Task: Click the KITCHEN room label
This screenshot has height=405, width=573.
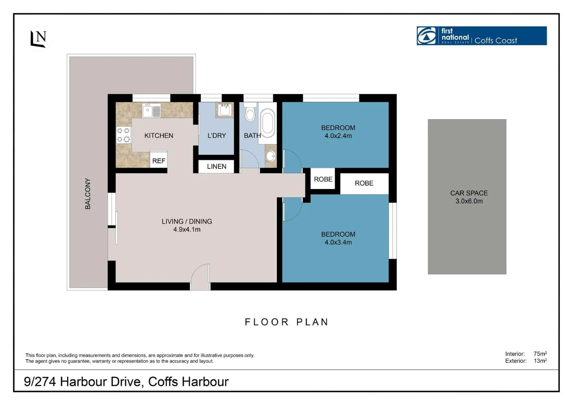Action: [x=159, y=135]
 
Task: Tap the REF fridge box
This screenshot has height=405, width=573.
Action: [x=159, y=160]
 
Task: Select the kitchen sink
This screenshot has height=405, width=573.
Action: [x=151, y=111]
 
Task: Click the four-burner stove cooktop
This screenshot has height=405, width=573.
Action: [x=123, y=135]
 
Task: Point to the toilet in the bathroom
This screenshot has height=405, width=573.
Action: [x=250, y=112]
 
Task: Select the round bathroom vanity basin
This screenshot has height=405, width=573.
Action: [x=271, y=156]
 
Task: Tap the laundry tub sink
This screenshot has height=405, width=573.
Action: [x=224, y=110]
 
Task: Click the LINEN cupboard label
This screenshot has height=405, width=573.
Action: [x=216, y=166]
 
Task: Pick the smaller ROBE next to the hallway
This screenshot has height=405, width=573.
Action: [x=323, y=179]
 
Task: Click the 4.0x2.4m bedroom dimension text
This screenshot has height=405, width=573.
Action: [x=338, y=136]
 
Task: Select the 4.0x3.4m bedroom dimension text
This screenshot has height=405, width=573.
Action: [x=338, y=242]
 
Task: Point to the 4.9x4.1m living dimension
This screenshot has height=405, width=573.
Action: [x=187, y=229]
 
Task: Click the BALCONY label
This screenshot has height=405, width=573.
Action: [x=88, y=193]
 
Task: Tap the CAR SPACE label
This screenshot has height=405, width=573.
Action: [x=468, y=193]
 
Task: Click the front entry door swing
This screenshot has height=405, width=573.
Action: [x=200, y=277]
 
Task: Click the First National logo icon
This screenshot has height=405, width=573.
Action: [x=427, y=36]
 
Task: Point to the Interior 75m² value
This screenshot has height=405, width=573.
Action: [x=540, y=354]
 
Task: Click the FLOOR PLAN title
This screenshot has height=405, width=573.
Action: [x=287, y=322]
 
